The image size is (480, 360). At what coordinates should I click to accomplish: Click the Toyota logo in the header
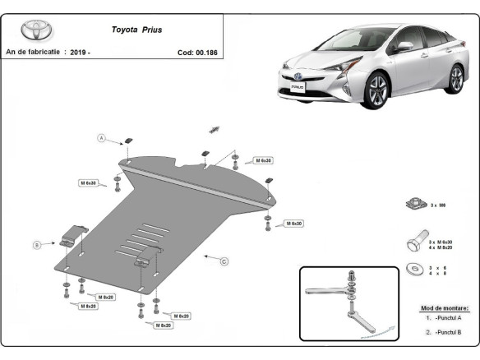[x=35, y=31]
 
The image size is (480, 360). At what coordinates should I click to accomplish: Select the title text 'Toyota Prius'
[x=137, y=29]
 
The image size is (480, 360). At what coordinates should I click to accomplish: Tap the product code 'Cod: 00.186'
[x=197, y=52]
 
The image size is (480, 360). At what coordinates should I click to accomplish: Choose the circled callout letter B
[x=37, y=244]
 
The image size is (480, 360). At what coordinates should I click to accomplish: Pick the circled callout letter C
[x=224, y=261]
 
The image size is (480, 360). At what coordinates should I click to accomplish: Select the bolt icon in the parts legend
[x=414, y=243]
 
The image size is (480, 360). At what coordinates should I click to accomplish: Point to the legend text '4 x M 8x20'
[x=441, y=247]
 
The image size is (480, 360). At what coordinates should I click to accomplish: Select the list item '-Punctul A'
[x=448, y=317]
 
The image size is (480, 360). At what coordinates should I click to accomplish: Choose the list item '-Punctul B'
[x=448, y=332]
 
